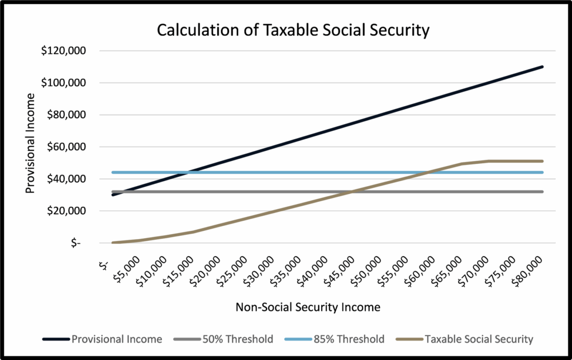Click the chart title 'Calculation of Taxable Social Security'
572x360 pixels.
(293, 30)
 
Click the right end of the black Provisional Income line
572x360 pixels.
(542, 67)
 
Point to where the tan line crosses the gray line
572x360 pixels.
(351, 192)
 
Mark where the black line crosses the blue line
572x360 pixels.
(190, 172)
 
